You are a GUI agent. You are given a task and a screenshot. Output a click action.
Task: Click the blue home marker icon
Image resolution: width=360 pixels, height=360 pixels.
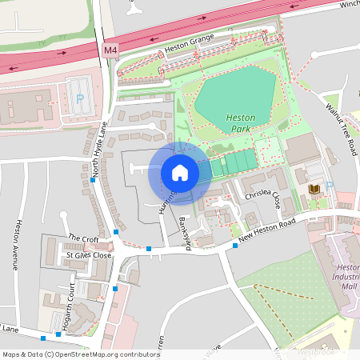(x=179, y=172)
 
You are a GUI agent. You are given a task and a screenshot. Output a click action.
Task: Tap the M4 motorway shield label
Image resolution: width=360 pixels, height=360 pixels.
(x=110, y=50)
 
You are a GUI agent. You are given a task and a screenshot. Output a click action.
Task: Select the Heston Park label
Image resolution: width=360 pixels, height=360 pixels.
(x=240, y=122)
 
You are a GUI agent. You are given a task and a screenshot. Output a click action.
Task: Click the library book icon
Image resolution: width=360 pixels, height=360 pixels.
(x=313, y=189)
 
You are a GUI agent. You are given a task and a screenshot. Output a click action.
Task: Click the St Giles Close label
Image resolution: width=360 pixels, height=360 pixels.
(x=90, y=256)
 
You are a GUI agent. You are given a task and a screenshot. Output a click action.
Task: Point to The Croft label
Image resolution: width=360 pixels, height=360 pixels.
(x=83, y=238)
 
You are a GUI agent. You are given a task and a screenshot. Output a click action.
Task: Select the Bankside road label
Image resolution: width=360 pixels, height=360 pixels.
(x=185, y=233)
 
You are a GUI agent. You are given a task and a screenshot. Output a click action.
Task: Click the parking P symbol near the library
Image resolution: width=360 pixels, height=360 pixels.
(x=330, y=186)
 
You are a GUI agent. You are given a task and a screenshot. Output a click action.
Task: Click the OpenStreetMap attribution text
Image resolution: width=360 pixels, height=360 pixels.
(x=80, y=354)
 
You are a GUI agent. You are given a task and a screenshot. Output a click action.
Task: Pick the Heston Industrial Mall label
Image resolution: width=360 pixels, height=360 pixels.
(x=347, y=276)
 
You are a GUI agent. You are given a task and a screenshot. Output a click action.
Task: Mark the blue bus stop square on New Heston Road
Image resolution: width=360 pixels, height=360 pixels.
(x=234, y=246)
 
